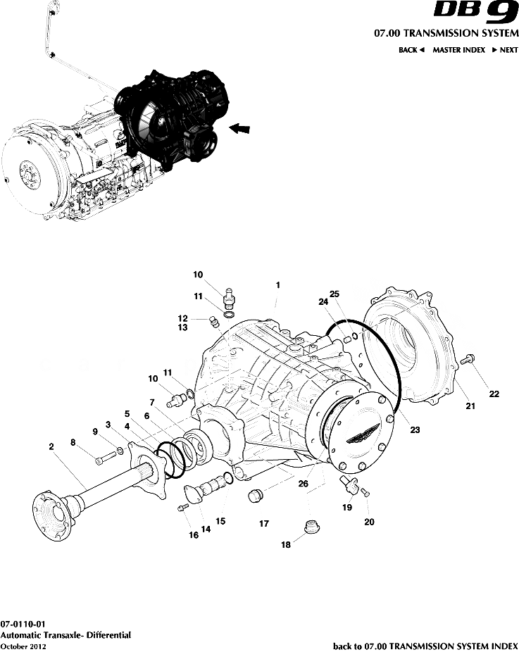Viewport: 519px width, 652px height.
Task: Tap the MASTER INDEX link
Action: coord(458,50)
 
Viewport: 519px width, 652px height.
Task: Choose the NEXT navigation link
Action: coord(505,50)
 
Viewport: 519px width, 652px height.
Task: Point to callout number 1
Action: coord(278,285)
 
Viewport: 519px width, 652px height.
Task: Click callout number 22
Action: coord(494,394)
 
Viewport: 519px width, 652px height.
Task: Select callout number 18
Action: coord(285,544)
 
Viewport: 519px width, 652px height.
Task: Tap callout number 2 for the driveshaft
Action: coord(51,446)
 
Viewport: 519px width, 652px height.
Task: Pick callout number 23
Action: coord(415,430)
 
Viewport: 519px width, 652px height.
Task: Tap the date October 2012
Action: coord(23,646)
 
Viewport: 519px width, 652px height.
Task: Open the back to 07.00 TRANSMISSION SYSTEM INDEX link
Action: coord(425,646)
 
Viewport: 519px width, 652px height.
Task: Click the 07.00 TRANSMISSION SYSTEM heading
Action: coord(446,33)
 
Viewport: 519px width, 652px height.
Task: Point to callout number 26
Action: coord(303,484)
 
